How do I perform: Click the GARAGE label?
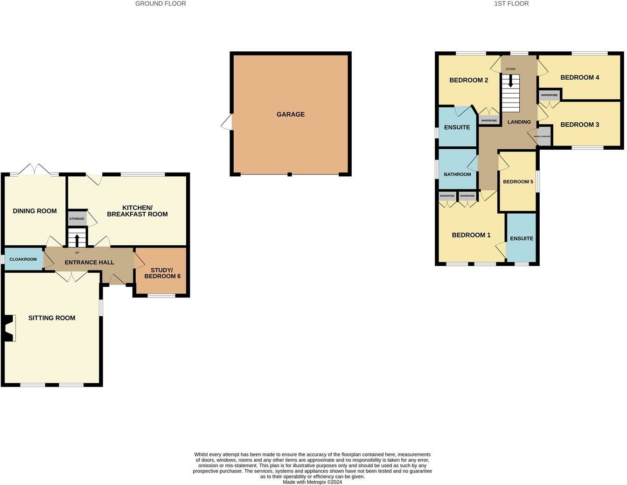(290, 114)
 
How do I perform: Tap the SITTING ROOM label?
(52, 318)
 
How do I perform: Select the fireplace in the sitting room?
(9, 328)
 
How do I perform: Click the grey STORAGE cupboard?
(77, 219)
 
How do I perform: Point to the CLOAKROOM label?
(23, 259)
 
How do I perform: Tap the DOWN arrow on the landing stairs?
(511, 81)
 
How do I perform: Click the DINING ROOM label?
(35, 211)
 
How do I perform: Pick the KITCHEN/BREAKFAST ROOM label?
(137, 211)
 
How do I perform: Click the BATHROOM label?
(457, 174)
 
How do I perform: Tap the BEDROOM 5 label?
(518, 182)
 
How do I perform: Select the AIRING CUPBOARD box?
(543, 137)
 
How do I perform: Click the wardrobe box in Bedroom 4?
(549, 95)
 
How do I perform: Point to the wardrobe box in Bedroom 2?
(489, 120)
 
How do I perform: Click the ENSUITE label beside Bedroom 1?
(522, 238)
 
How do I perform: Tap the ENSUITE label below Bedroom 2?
(457, 127)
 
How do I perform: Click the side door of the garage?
(227, 122)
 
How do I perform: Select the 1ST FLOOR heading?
(511, 4)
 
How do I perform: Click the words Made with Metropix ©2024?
(313, 482)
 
